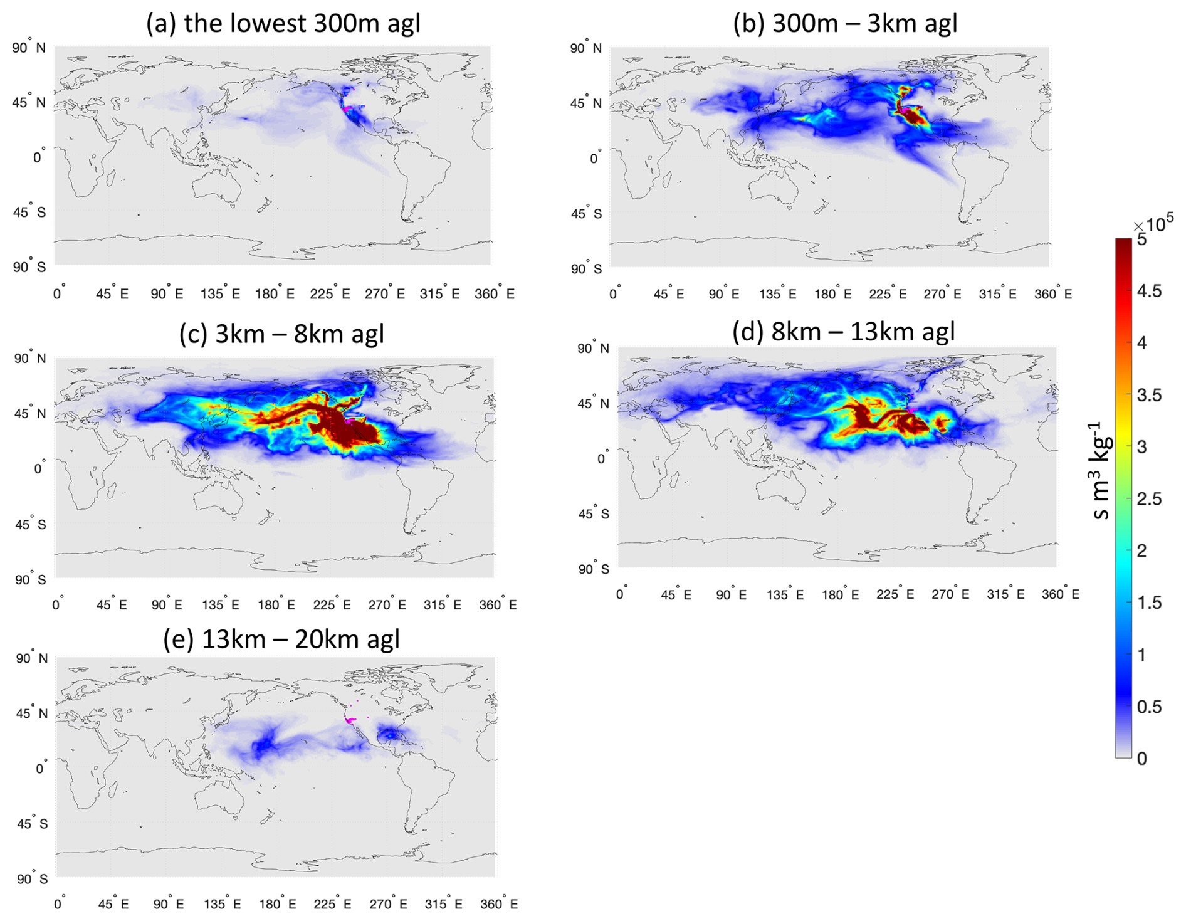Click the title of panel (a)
pos(283,23)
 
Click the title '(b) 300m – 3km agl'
pos(845,23)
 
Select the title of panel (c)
pos(281,334)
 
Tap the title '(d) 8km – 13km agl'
pos(844,330)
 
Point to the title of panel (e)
pos(281,639)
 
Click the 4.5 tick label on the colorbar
pos(1149,291)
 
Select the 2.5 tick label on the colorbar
pos(1149,499)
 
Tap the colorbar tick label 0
pos(1142,759)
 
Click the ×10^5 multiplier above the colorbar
pos(1153,223)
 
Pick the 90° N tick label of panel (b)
pos(585,48)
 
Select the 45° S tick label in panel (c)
pos(30,524)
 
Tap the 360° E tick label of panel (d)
pos(1060,594)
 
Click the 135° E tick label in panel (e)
pos(222,904)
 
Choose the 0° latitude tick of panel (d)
pos(602,459)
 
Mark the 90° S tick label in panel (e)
pos(32,879)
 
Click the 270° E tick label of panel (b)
pos(943,294)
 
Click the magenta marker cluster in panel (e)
pos(350,720)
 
